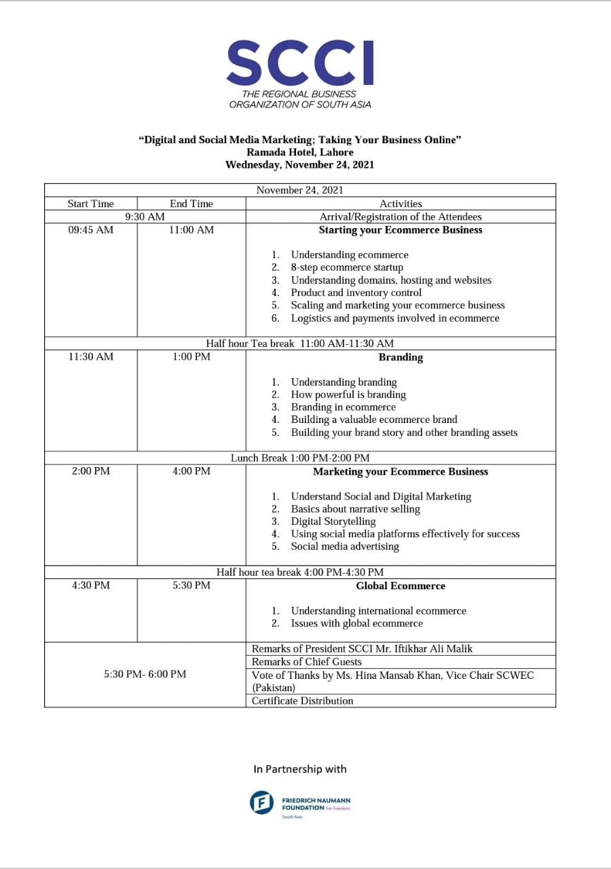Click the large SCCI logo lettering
299,62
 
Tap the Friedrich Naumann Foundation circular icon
262,803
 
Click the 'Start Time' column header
91,204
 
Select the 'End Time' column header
191,204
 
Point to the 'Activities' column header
401,204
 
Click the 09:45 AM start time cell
91,230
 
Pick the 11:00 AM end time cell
191,230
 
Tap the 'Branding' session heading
401,358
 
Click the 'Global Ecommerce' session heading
401,586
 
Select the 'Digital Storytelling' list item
333,521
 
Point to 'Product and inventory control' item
356,293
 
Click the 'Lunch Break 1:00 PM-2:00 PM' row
300,458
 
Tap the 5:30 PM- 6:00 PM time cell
145,674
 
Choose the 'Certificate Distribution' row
302,701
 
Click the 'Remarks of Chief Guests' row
306,662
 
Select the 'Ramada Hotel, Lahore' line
299,152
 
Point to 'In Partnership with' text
300,769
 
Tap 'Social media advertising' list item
345,547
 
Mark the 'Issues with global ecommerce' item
356,623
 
